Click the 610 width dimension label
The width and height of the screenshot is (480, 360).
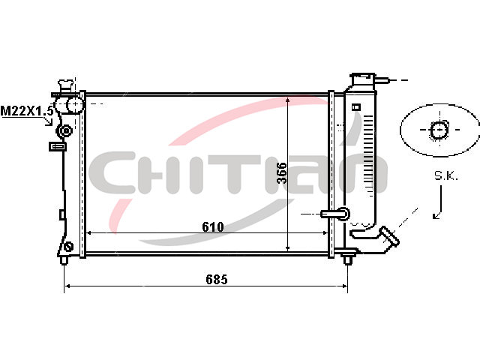pyautogui.click(x=213, y=226)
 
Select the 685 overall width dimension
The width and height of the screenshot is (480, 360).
pyautogui.click(x=217, y=279)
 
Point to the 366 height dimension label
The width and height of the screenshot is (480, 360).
pyautogui.click(x=282, y=172)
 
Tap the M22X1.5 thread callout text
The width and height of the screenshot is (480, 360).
pyautogui.click(x=27, y=111)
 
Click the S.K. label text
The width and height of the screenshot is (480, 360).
pyautogui.click(x=446, y=175)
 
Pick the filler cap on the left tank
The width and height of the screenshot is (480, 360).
pyautogui.click(x=66, y=85)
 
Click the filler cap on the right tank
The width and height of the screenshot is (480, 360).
pyautogui.click(x=363, y=79)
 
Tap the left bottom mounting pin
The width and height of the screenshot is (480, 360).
pyautogui.click(x=64, y=260)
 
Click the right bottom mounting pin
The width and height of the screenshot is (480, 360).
pyautogui.click(x=347, y=260)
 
